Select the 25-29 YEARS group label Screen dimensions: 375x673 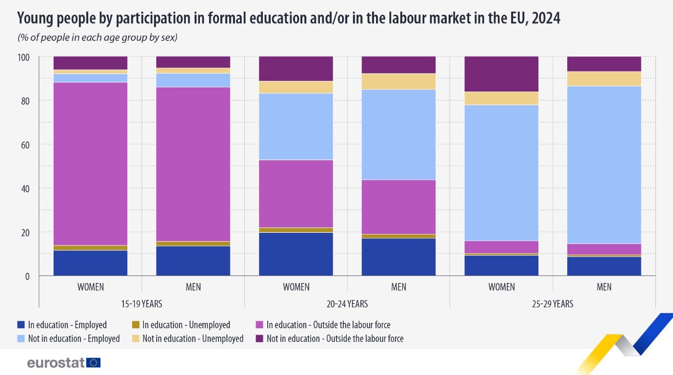coord(552,304)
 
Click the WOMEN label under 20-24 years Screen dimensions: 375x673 coord(296,287)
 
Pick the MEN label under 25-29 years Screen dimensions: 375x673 coord(604,287)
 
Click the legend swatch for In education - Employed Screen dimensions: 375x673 coord(20,325)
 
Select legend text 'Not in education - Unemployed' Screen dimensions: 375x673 coord(193,338)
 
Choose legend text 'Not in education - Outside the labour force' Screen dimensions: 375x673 coord(335,338)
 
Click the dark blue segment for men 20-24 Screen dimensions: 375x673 coord(398,257)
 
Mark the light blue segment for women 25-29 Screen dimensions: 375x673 coord(501,172)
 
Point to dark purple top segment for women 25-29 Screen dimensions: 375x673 coord(501,74)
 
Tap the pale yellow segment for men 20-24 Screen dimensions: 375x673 coord(398,81)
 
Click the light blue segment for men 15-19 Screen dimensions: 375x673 coord(193,80)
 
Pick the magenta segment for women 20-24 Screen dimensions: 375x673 coord(296,193)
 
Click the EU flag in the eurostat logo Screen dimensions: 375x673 coord(94,362)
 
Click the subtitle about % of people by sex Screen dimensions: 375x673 coord(97,37)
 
